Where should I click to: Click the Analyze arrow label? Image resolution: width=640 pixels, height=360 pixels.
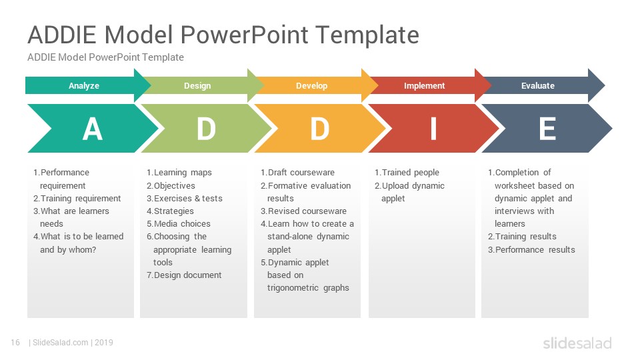pos(84,86)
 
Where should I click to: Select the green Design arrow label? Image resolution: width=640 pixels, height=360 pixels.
pos(197,86)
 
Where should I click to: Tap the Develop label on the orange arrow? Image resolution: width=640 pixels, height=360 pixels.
pos(311,86)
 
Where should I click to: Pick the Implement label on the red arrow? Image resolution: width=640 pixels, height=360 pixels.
pos(425,86)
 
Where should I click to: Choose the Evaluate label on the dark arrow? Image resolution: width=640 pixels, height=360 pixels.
pos(538,86)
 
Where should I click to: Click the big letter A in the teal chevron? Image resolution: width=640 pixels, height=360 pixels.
pos(92,129)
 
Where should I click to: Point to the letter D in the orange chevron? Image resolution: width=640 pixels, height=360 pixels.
pos(319,129)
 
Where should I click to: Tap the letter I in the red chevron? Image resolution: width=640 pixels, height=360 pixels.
pos(433,129)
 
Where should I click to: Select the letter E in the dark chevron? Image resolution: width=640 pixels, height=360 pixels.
pos(547,129)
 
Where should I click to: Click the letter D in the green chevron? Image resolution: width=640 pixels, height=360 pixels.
pos(206,129)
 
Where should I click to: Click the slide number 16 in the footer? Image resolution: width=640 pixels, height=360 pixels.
pos(15,343)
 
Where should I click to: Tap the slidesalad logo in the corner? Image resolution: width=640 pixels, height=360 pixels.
pos(577,343)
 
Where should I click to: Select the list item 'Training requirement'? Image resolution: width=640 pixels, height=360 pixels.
pos(77,199)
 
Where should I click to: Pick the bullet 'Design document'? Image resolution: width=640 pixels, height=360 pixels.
pos(184,275)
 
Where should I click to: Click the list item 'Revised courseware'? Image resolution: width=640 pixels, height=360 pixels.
pos(304,211)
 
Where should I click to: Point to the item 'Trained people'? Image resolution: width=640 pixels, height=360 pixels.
pos(407,173)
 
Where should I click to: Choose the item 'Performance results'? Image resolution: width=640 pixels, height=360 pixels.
pos(531,250)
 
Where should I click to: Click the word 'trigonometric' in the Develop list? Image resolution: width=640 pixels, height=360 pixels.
pos(293,288)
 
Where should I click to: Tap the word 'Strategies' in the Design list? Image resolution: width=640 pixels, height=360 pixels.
pos(174,211)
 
